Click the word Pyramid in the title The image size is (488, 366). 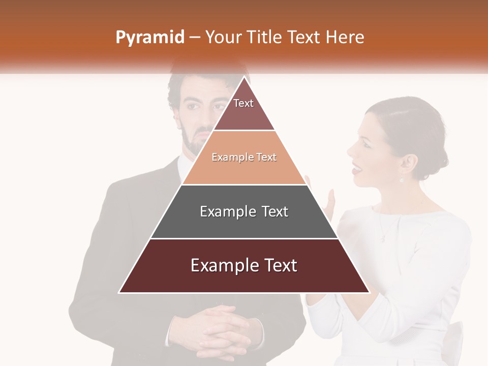point(150,38)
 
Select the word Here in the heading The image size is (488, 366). point(345,38)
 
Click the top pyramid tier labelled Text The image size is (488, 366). point(244,109)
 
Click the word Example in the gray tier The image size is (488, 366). point(226,211)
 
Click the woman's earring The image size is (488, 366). point(402,179)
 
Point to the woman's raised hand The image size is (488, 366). point(329,203)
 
